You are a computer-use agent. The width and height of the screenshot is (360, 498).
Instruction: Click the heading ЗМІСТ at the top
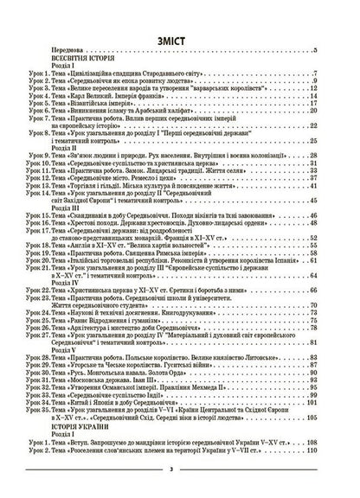(180, 39)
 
